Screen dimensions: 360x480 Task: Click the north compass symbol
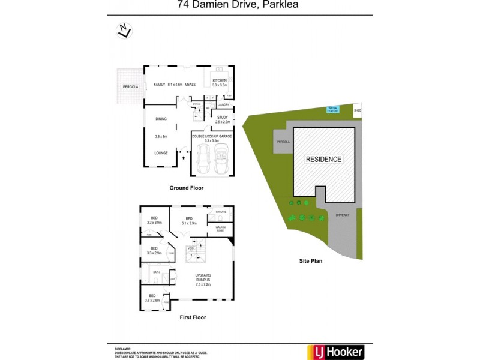(x=124, y=29)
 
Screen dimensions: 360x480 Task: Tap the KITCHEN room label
(x=219, y=80)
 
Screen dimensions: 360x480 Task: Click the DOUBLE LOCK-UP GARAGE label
(x=212, y=136)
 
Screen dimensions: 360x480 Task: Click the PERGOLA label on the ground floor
(x=131, y=87)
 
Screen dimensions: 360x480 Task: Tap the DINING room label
(x=161, y=119)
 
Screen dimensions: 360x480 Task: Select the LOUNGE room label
(x=161, y=153)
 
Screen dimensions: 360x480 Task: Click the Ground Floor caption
(x=186, y=188)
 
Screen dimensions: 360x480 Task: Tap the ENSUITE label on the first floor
(x=221, y=213)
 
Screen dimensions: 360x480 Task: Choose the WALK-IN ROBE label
(x=220, y=229)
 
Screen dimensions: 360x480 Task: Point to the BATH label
(x=156, y=272)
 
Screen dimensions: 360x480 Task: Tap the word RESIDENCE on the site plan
(x=323, y=160)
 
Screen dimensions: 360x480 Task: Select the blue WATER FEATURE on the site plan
(x=332, y=109)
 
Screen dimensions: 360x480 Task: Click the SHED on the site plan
(x=358, y=111)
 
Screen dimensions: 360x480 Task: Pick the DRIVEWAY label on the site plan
(x=342, y=214)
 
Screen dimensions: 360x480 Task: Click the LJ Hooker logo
(x=335, y=352)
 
